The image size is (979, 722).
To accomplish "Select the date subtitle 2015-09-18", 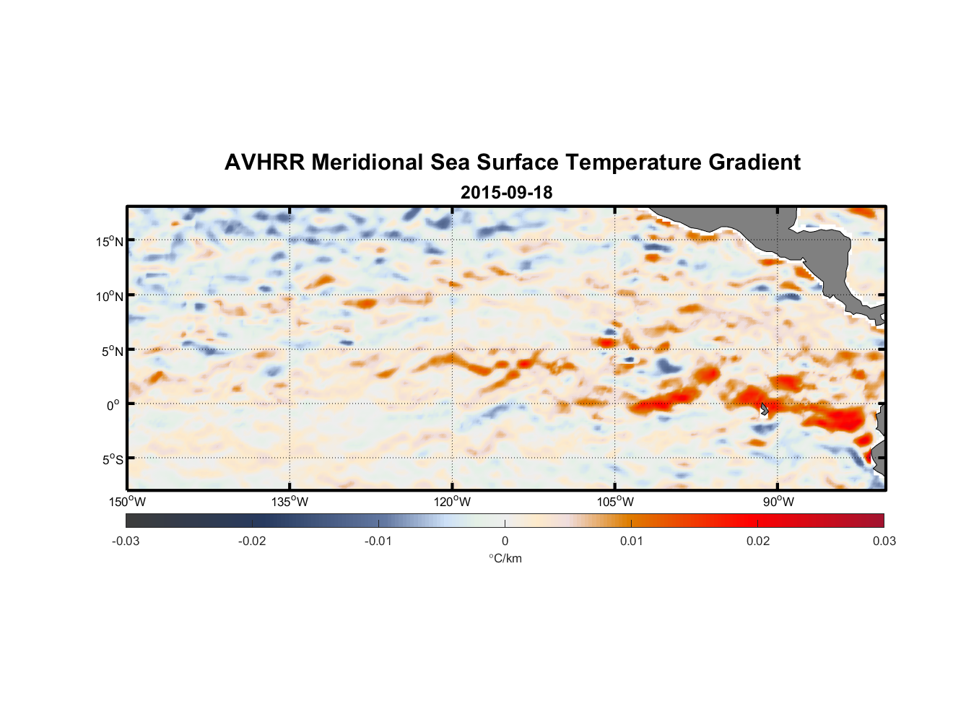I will [x=506, y=192].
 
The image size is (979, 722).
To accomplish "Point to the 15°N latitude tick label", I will [x=110, y=241].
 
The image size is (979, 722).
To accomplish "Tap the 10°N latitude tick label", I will [x=110, y=296].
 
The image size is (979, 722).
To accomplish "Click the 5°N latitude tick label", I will [x=113, y=351].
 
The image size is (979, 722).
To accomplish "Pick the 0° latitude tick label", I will [x=113, y=405].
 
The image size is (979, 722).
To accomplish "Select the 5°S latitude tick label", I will [x=113, y=459].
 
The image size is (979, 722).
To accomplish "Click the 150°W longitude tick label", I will [x=127, y=502].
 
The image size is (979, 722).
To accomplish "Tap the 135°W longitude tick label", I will [x=290, y=502].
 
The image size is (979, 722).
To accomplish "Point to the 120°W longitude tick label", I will [x=452, y=502].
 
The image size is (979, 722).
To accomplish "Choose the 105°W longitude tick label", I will [x=615, y=502].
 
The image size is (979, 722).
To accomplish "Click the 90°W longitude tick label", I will [x=778, y=502].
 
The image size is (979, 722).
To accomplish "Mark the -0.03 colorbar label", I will [x=126, y=541].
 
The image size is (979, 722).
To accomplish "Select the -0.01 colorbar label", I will [x=378, y=541].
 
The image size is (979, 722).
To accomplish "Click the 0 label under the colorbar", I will [x=505, y=541].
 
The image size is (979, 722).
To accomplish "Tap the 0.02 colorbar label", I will [x=758, y=541].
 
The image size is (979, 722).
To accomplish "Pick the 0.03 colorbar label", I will [x=884, y=541].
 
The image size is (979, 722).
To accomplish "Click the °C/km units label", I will [x=505, y=558].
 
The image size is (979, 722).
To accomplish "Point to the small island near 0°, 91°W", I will [x=764, y=409].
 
